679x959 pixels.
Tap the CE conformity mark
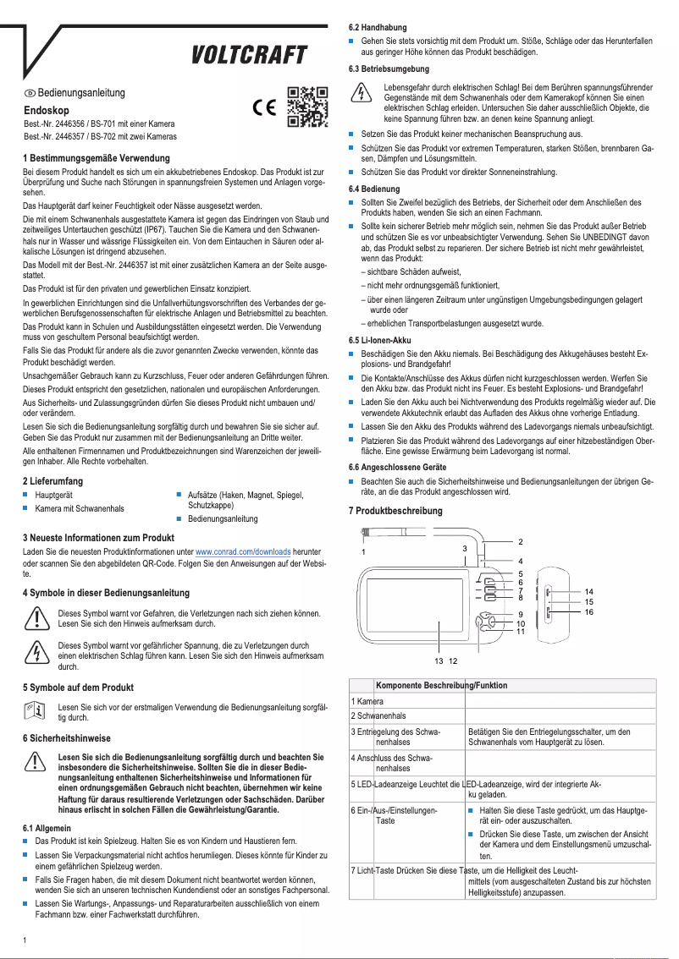click(266, 109)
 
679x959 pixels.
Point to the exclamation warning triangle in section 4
click(36, 620)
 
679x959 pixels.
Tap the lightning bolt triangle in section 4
click(36, 651)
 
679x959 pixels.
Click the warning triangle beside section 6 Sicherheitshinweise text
click(35, 762)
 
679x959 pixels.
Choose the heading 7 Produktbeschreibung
click(395, 511)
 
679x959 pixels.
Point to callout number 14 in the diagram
click(588, 591)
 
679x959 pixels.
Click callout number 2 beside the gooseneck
click(520, 541)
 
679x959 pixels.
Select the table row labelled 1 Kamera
click(367, 702)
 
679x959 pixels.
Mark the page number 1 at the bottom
click(26, 940)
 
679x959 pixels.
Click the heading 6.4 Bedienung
click(374, 189)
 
